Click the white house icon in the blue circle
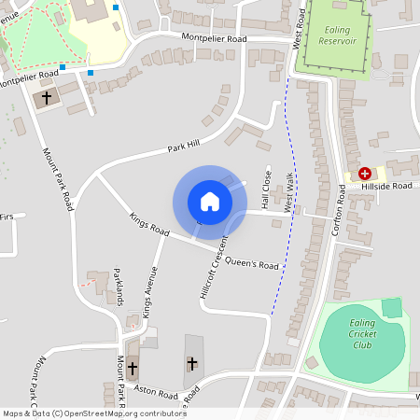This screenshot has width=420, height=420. click(x=210, y=202)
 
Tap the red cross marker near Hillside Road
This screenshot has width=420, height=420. click(x=365, y=174)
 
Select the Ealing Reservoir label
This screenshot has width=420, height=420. click(x=333, y=36)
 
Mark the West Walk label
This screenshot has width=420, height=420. click(x=289, y=190)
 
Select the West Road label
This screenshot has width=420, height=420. click(x=298, y=27)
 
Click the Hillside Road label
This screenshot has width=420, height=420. click(x=387, y=186)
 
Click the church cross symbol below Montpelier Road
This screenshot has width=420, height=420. click(x=47, y=97)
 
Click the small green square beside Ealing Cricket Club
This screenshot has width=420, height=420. click(x=392, y=307)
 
